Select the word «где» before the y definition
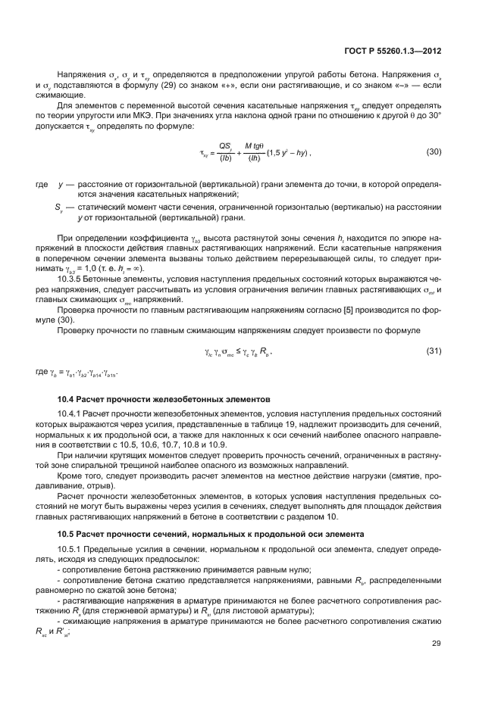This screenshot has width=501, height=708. pos(42,183)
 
